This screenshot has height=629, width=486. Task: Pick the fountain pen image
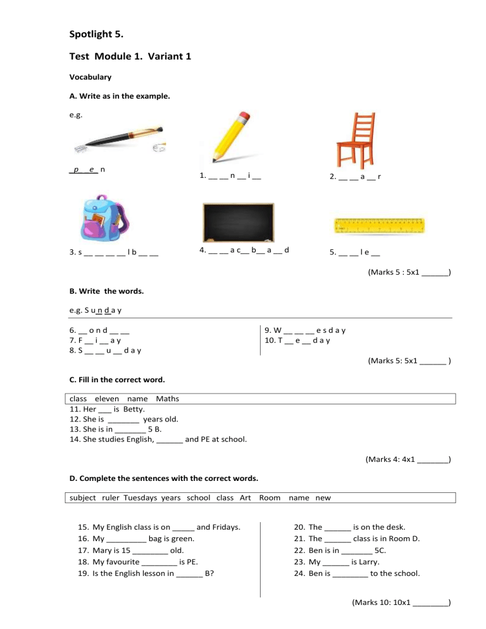[x=120, y=139]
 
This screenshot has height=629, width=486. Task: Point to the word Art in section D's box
[x=246, y=497]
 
